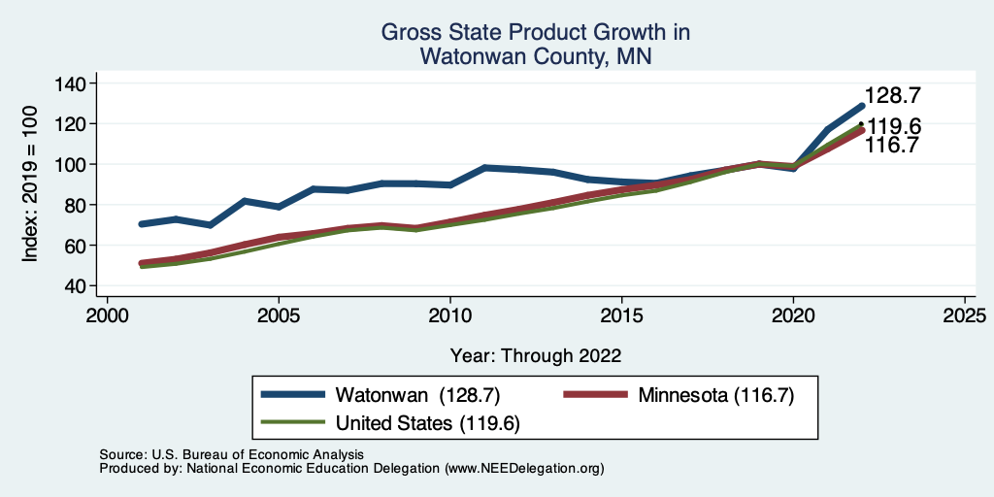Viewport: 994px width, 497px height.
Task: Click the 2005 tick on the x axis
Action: click(279, 316)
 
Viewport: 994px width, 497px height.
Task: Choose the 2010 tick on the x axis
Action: click(450, 316)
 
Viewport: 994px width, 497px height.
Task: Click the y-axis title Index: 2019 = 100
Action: click(31, 183)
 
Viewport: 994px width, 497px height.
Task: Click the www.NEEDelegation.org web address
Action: click(523, 468)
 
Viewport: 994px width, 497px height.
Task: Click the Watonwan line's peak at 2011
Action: click(484, 168)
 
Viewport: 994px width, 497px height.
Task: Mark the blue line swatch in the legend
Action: click(293, 395)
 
